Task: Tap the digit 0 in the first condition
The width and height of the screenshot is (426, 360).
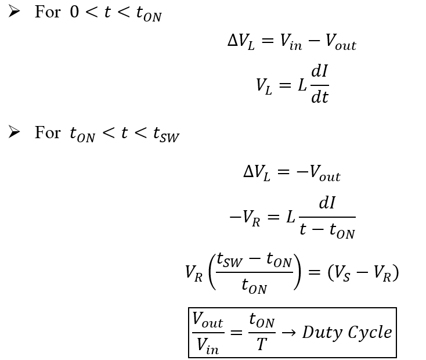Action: click(74, 12)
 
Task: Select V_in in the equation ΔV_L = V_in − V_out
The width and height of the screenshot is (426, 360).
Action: click(288, 44)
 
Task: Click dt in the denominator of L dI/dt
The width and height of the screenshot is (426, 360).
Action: click(320, 97)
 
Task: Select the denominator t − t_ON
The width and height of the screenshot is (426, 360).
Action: click(327, 230)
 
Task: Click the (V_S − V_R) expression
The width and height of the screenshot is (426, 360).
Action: click(363, 272)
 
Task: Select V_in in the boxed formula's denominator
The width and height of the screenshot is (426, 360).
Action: click(208, 346)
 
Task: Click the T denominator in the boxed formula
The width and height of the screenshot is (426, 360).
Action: click(262, 345)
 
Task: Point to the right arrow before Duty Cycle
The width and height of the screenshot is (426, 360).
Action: click(288, 333)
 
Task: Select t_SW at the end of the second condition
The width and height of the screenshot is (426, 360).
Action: click(166, 135)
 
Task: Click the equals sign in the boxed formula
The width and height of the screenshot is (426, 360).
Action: click(235, 333)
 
